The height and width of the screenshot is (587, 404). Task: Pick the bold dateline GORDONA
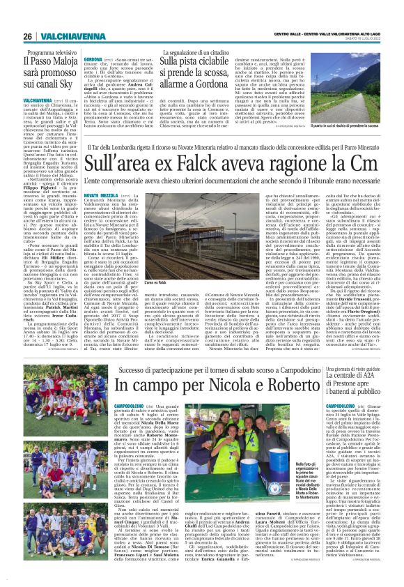click(x=95, y=60)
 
